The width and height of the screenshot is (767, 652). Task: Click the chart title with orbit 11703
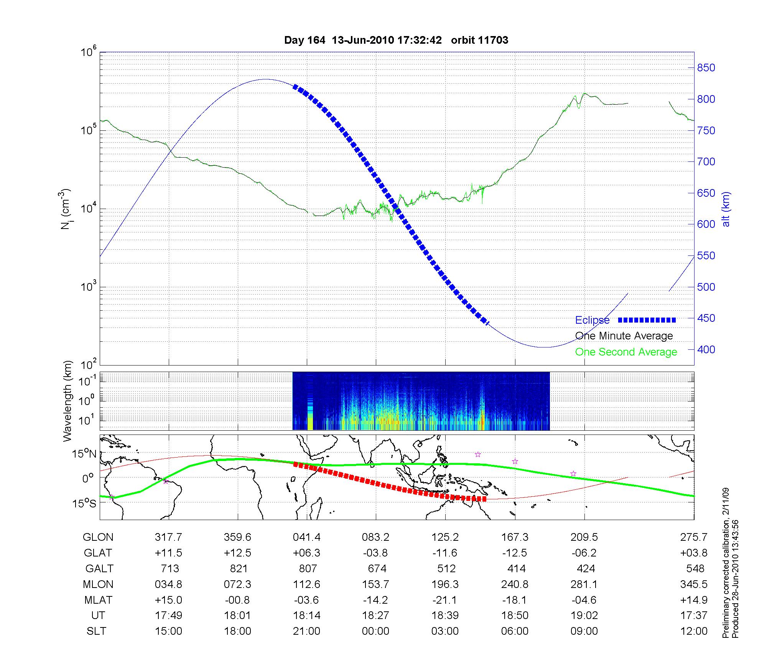pyautogui.click(x=396, y=40)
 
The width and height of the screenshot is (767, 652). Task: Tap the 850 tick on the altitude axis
pyautogui.click(x=706, y=68)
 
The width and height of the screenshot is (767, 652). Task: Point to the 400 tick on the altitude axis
pyautogui.click(x=706, y=349)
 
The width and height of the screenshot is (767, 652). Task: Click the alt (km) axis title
pyautogui.click(x=726, y=209)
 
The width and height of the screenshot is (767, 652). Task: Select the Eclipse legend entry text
pyautogui.click(x=592, y=320)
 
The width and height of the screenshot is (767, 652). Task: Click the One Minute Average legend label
pyautogui.click(x=624, y=336)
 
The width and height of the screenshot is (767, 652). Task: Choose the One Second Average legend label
pyautogui.click(x=626, y=352)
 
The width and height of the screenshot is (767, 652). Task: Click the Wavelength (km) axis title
pyautogui.click(x=68, y=401)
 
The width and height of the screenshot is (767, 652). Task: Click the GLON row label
pyautogui.click(x=98, y=537)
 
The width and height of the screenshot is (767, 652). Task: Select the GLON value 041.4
pyautogui.click(x=306, y=537)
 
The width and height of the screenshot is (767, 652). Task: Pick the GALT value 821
pyautogui.click(x=238, y=568)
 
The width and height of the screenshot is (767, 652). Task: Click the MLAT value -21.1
pyautogui.click(x=445, y=600)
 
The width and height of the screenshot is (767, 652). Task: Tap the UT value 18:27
pyautogui.click(x=375, y=616)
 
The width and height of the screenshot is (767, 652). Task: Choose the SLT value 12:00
pyautogui.click(x=694, y=631)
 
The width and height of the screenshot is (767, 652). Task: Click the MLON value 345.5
pyautogui.click(x=694, y=584)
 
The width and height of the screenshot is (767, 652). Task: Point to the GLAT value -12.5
pyautogui.click(x=515, y=553)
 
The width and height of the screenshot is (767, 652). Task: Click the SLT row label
pyautogui.click(x=96, y=631)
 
